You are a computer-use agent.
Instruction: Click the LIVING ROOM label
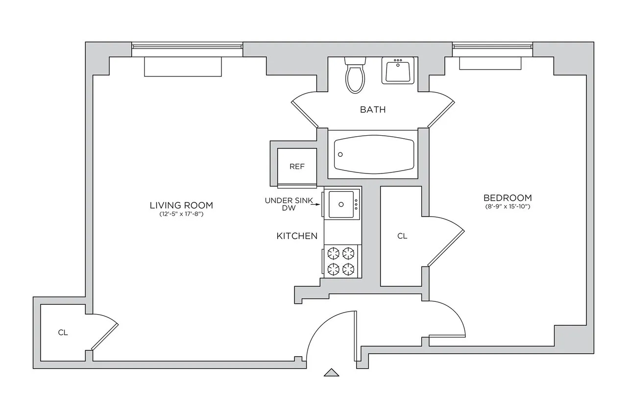[x=181, y=205]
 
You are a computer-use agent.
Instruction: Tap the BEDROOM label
[x=507, y=198]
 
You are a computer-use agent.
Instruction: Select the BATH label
[x=373, y=109]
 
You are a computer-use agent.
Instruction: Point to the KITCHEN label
[x=297, y=236]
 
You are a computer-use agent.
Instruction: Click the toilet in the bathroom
[x=355, y=76]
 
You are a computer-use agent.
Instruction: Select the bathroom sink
[x=398, y=71]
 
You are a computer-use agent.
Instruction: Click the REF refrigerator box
[x=297, y=167]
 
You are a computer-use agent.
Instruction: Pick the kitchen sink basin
[x=340, y=204]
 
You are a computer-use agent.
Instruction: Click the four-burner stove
[x=341, y=261]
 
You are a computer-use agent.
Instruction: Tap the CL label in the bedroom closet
[x=402, y=236]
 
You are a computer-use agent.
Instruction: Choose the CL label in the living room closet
[x=63, y=333]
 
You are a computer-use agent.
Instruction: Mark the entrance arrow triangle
[x=332, y=372]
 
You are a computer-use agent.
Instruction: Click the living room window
[x=187, y=47]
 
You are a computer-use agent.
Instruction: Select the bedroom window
[x=492, y=47]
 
